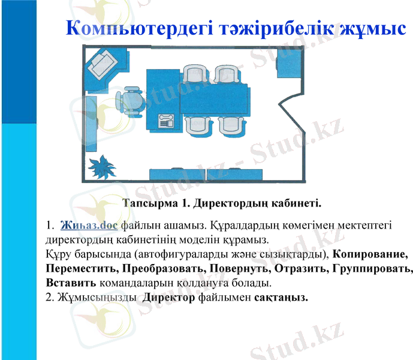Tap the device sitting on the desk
[x=166, y=121]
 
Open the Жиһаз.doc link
[x=89, y=226]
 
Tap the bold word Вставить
[x=70, y=282]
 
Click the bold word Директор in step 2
[x=169, y=298]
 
